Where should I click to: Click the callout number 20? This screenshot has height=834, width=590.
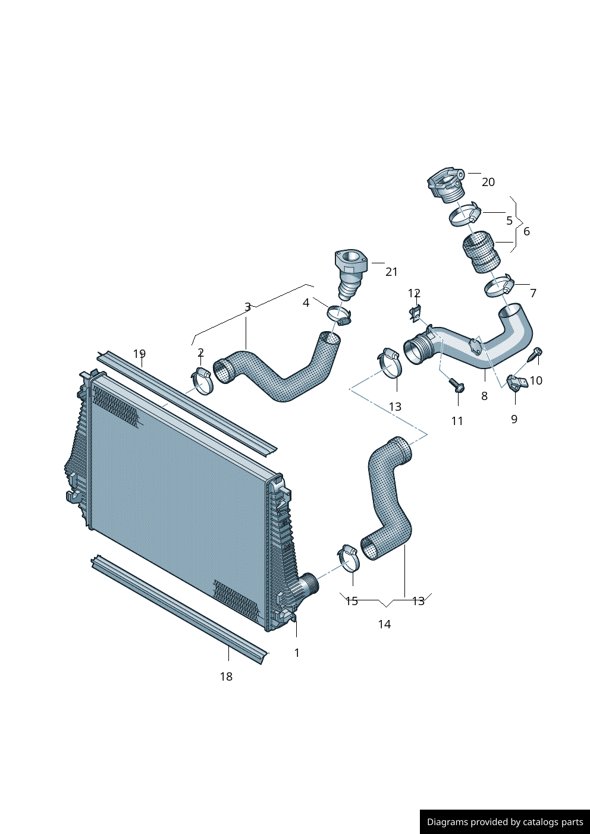click(488, 182)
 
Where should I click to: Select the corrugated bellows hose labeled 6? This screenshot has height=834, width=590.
click(482, 252)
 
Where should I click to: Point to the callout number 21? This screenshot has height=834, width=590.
click(391, 272)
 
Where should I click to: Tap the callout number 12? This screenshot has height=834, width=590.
click(414, 293)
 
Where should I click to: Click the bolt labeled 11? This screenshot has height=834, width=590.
click(457, 385)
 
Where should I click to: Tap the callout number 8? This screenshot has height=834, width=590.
click(484, 396)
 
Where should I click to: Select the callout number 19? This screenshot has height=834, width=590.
click(139, 354)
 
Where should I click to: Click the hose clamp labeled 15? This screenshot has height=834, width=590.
click(349, 557)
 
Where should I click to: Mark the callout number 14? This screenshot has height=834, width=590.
click(384, 624)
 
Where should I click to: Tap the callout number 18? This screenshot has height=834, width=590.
click(226, 676)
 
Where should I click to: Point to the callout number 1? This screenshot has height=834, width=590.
click(297, 653)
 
